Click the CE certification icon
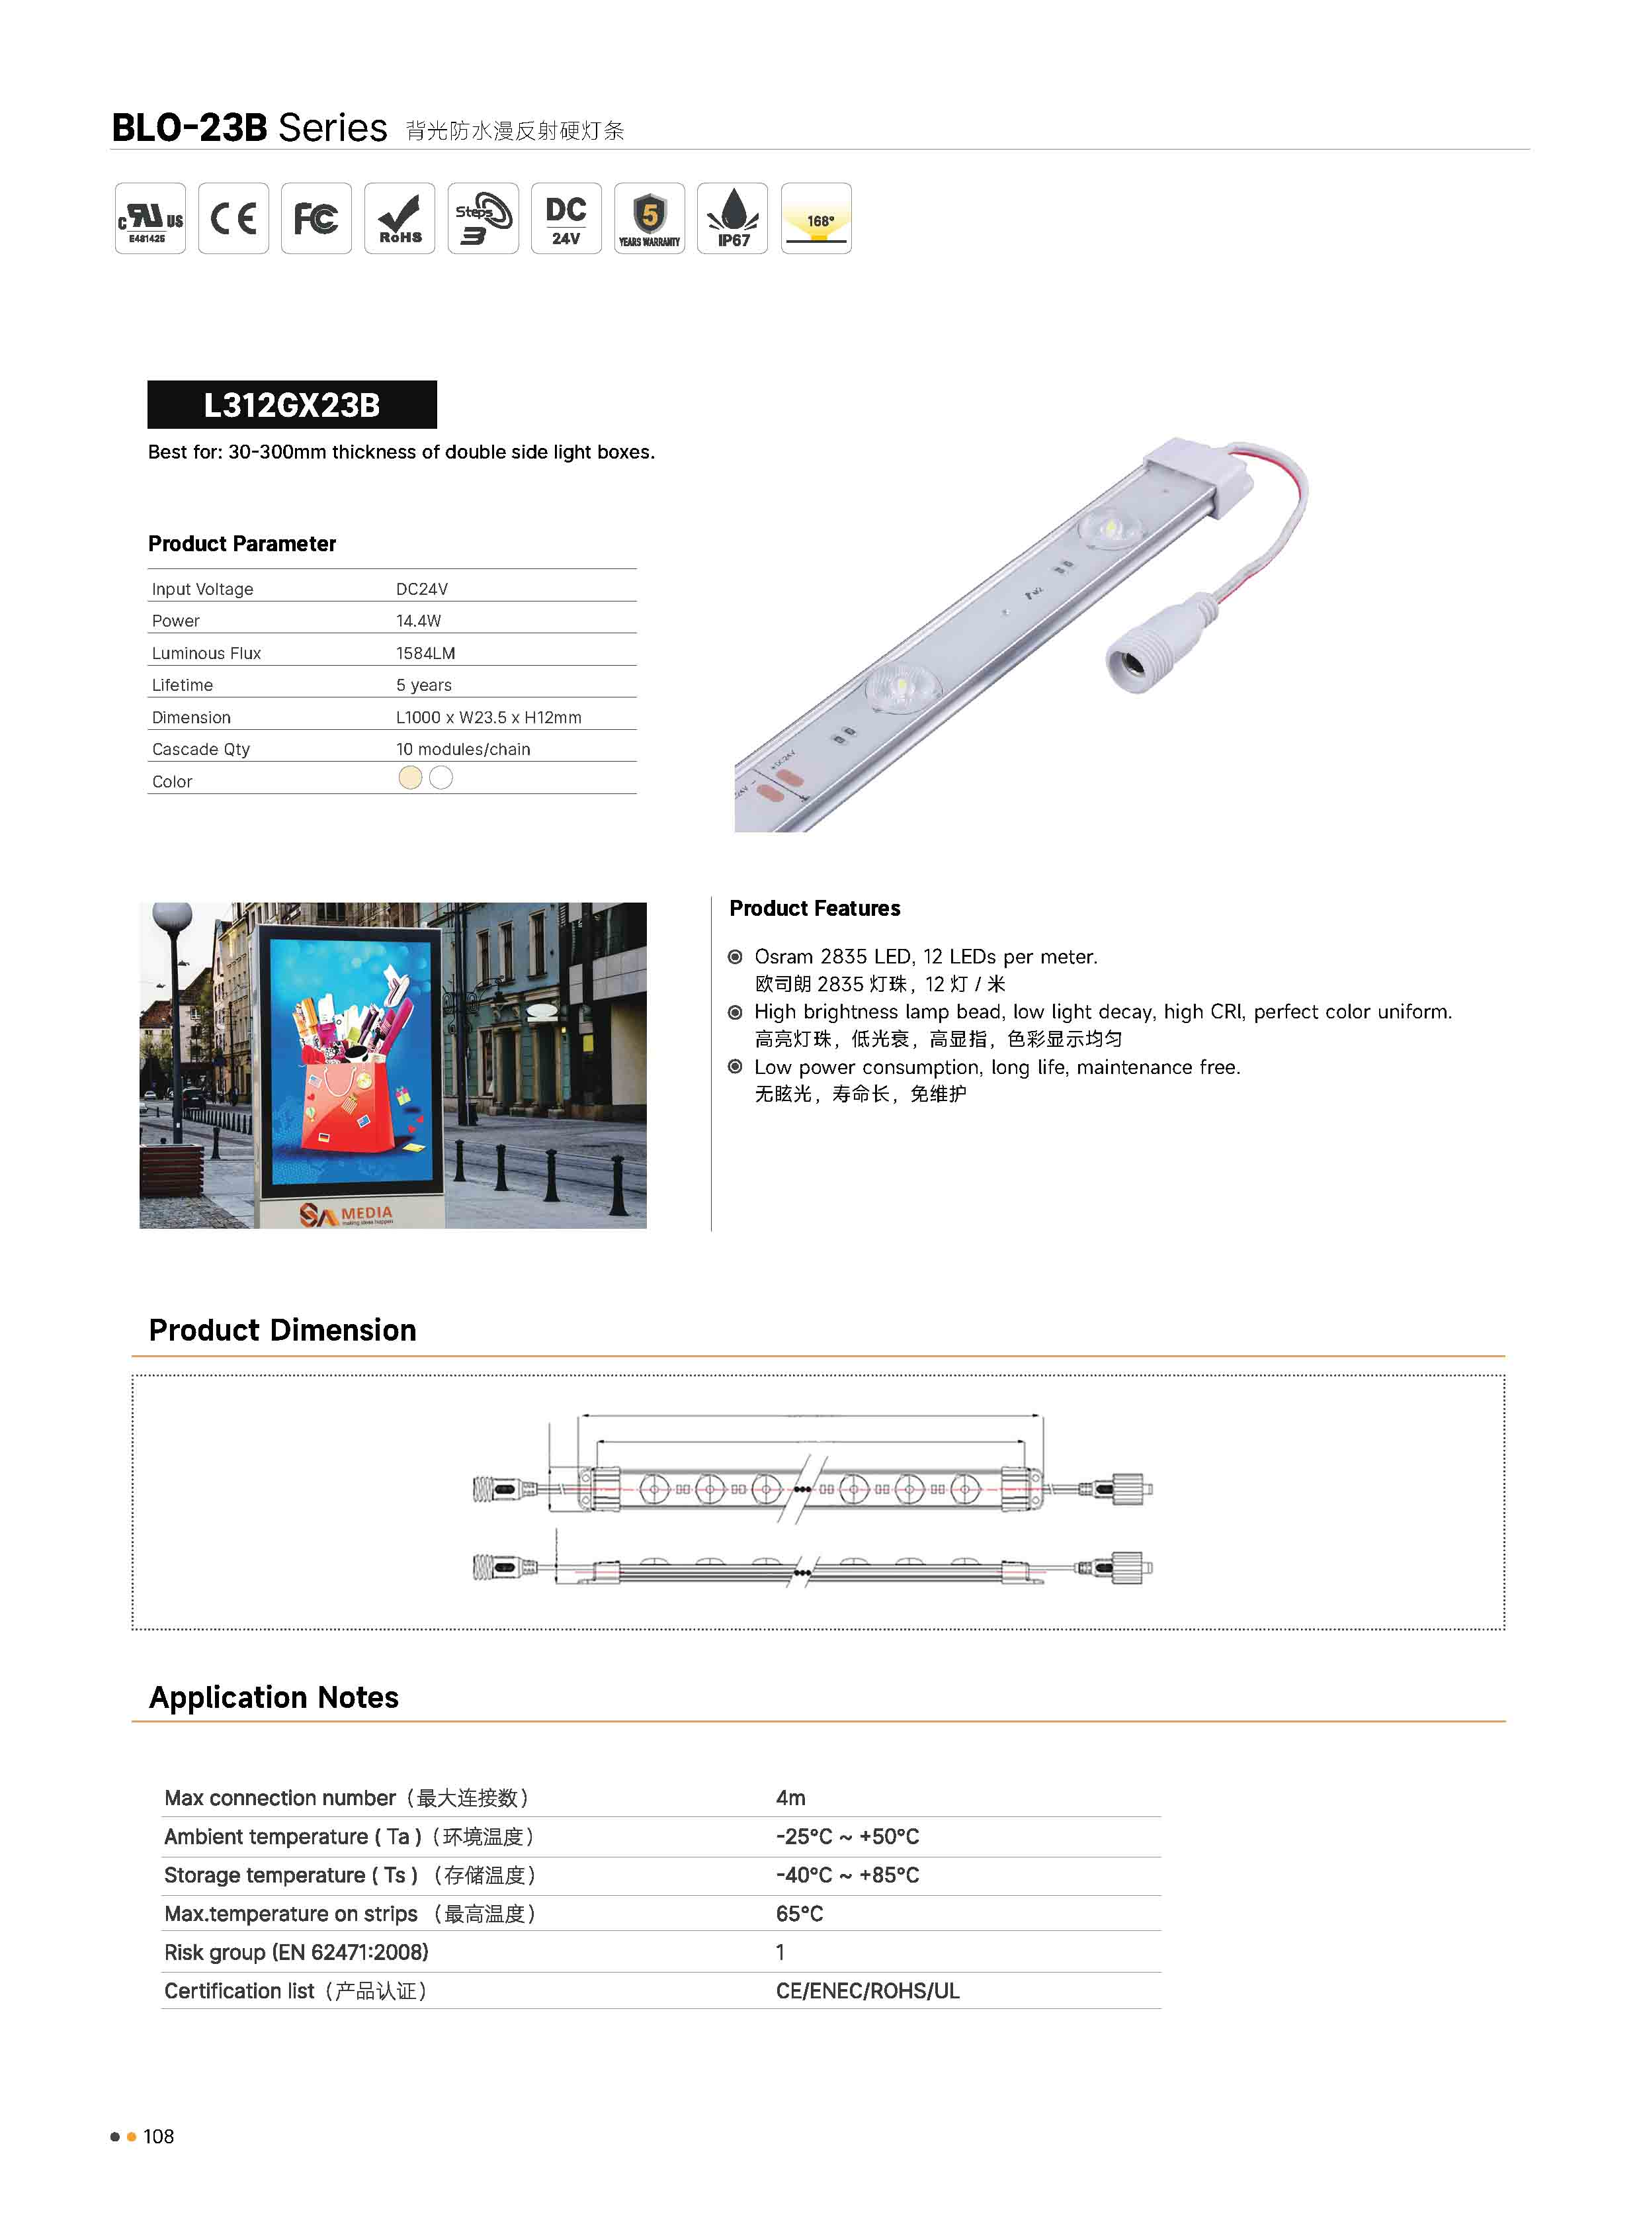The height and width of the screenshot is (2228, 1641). click(x=233, y=218)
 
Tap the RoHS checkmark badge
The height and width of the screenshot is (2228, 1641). click(x=400, y=218)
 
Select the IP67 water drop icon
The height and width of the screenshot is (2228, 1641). click(x=732, y=218)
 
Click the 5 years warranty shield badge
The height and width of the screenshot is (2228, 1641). click(x=650, y=218)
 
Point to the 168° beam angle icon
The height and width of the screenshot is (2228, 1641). click(x=816, y=218)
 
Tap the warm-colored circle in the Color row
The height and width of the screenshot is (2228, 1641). click(x=410, y=778)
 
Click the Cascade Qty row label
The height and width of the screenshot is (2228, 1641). click(x=200, y=749)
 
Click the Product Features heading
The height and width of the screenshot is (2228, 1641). click(x=814, y=909)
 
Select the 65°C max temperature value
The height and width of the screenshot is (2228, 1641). click(x=800, y=1914)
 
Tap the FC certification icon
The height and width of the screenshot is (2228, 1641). click(x=316, y=218)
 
